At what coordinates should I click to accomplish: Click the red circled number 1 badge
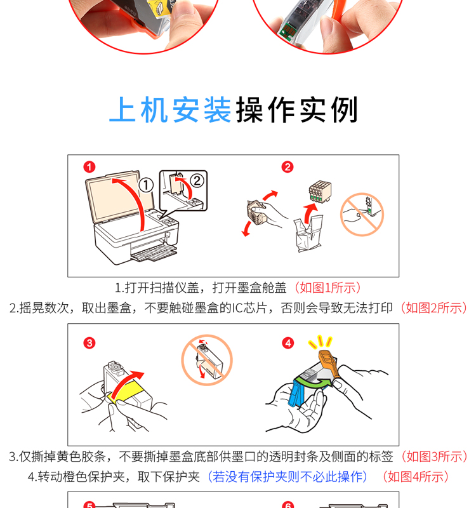point(89,167)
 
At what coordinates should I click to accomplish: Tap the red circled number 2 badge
point(288,167)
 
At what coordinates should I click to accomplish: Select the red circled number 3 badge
point(89,343)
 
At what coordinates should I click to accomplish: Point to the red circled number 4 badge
point(288,343)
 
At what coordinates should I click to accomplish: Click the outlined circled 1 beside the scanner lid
point(146,185)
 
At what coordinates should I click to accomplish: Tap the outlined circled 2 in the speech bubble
point(197,180)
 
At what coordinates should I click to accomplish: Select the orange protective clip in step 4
point(329,362)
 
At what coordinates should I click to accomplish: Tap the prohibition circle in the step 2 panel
point(362,215)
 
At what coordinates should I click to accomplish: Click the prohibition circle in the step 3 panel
point(207,360)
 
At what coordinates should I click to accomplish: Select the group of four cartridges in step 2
point(320,192)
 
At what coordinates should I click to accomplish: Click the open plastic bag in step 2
point(308,234)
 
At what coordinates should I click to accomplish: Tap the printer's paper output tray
point(154,253)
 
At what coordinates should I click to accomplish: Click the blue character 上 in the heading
point(122,109)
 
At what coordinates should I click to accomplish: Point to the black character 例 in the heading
point(345,109)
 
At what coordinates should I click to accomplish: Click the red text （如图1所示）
point(327,288)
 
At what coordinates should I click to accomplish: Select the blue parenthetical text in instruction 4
point(288,477)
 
